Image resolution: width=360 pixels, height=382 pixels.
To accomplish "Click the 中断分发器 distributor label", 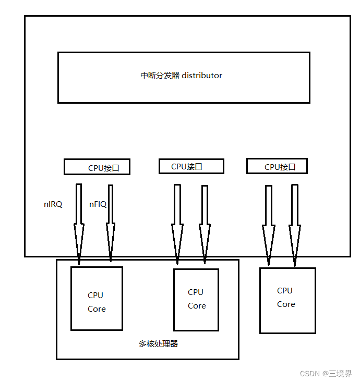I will (181, 76).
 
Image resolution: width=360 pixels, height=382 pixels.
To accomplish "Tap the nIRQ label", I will (53, 204).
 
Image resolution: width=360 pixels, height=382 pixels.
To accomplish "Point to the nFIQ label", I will (98, 204).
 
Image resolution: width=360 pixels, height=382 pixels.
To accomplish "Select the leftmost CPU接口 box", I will (97, 167).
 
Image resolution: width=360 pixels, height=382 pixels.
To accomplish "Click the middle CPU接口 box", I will (191, 166).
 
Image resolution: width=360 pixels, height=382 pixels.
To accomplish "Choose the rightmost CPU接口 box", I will (277, 166).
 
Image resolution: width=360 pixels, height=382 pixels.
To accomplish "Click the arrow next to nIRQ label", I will (79, 221).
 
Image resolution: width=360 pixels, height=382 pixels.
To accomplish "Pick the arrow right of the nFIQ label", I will (111, 221).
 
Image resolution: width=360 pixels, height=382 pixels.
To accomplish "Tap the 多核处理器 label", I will (158, 344).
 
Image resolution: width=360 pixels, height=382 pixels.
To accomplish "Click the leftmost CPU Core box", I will (97, 298).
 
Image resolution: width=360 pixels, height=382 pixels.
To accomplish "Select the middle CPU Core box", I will (196, 299).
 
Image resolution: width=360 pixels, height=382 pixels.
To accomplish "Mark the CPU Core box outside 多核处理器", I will (287, 300).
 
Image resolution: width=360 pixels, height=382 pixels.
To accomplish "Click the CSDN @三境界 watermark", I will (326, 374).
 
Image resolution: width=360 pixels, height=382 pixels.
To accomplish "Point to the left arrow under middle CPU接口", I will (177, 221).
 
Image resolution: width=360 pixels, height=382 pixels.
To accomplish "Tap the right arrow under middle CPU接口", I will (205, 221).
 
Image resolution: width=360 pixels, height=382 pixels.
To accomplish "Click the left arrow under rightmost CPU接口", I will (269, 221).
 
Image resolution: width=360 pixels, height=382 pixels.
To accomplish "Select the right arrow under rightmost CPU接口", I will (295, 221).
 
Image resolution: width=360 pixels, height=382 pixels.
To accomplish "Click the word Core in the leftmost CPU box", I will (97, 309).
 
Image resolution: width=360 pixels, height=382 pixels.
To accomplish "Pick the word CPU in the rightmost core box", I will (285, 291).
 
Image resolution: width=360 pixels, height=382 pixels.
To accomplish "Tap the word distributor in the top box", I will (202, 76).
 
